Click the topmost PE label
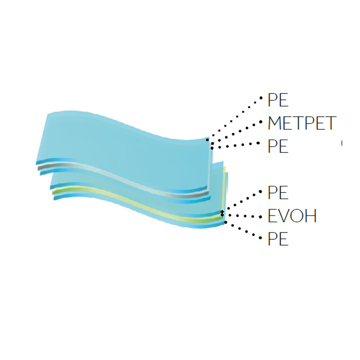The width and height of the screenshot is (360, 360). coord(278,100)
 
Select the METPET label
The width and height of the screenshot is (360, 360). coord(302,123)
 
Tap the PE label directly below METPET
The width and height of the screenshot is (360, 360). coord(278,146)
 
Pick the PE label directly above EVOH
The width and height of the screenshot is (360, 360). coord(278,193)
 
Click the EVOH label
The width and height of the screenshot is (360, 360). coord(292,216)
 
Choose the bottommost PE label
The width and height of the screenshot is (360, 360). coord(278,239)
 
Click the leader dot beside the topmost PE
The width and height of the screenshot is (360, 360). coord(261,98)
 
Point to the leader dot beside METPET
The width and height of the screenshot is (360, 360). coord(261,122)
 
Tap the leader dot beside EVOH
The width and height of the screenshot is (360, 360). coord(260,217)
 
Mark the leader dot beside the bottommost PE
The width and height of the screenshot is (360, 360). coord(260,238)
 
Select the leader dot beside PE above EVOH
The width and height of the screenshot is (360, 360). coord(260,192)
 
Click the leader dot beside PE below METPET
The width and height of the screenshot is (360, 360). coord(258,143)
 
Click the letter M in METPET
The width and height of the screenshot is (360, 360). coord(274,123)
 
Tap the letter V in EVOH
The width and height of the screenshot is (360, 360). coord(284,216)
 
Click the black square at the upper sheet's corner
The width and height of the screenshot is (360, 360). coord(207,140)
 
